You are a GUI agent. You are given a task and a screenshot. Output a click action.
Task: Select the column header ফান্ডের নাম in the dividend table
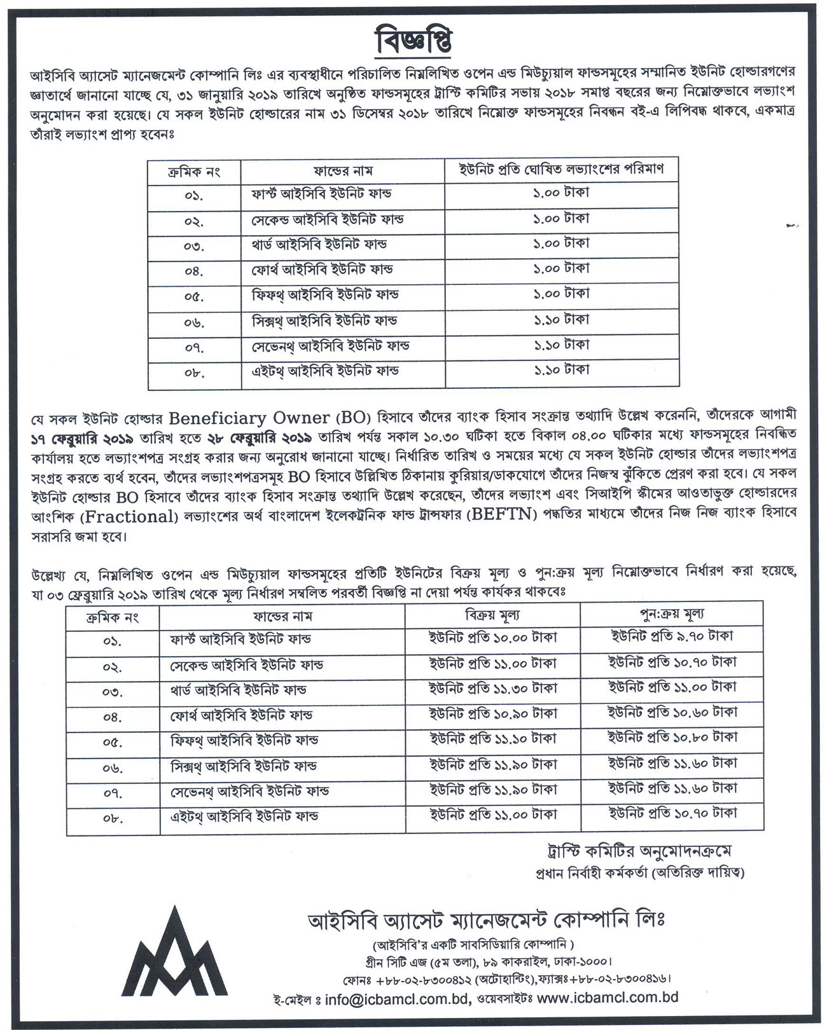[x=343, y=170]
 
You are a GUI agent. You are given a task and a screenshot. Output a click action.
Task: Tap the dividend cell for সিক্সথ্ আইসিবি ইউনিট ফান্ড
[x=561, y=319]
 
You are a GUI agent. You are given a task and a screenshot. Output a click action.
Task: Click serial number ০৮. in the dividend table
[x=195, y=373]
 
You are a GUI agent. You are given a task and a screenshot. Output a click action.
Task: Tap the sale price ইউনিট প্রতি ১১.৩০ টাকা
[x=493, y=688]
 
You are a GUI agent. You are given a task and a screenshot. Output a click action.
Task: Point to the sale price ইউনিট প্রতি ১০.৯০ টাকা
[x=493, y=713]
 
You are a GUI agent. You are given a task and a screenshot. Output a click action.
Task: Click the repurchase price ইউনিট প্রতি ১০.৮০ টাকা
[x=672, y=738]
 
